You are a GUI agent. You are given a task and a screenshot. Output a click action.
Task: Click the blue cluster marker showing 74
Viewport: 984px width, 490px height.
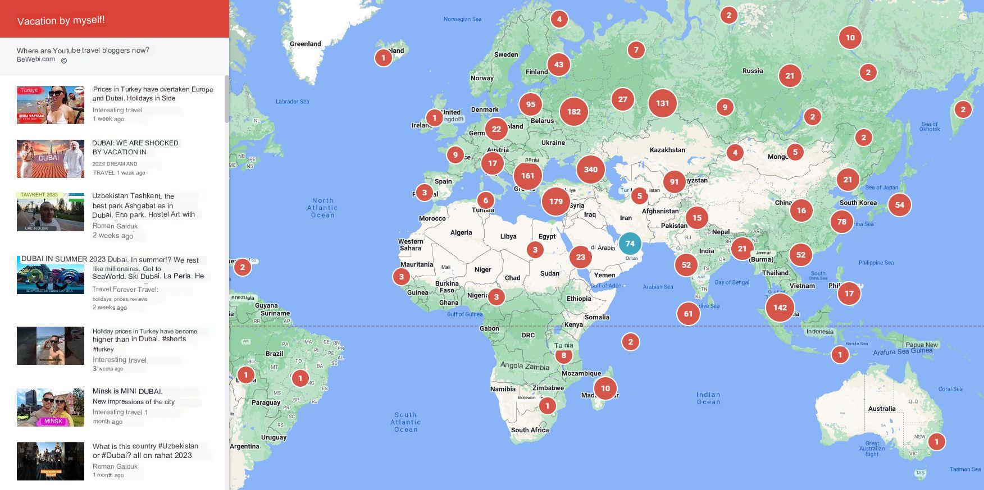630,244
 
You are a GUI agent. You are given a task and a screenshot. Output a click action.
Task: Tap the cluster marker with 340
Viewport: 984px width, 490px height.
590,170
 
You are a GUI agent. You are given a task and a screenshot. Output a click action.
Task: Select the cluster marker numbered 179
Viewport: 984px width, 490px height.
555,202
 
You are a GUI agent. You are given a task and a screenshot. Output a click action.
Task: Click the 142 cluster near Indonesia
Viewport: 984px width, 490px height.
780,308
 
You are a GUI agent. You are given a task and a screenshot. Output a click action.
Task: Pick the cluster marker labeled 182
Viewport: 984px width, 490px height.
573,112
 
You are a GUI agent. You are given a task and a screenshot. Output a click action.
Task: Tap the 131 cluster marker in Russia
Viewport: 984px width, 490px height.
662,103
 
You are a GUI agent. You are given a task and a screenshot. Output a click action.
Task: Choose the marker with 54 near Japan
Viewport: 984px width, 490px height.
899,205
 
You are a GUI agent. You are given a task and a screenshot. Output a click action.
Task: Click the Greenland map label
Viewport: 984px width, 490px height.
305,44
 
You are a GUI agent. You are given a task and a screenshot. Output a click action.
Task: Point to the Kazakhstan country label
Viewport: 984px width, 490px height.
667,150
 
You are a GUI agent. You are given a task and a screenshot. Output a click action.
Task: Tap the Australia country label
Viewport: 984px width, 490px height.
881,409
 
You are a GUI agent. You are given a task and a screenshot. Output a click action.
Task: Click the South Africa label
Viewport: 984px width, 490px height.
530,430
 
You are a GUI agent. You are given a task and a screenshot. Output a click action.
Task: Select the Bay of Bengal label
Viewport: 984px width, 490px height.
732,282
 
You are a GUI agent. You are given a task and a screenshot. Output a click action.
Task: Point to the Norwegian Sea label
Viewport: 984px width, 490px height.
462,19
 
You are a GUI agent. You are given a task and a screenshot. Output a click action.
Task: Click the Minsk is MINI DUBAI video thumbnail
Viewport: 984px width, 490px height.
51,407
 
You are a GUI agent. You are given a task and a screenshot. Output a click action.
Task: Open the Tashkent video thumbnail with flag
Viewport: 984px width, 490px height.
51,212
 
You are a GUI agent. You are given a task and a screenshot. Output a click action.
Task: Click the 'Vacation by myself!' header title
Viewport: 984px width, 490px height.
61,20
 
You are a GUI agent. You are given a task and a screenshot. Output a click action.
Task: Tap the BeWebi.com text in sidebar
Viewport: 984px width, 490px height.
36,59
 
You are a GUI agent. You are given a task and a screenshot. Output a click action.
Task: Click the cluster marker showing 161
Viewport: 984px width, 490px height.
527,176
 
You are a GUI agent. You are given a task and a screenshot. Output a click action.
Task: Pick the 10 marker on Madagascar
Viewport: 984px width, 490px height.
605,388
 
